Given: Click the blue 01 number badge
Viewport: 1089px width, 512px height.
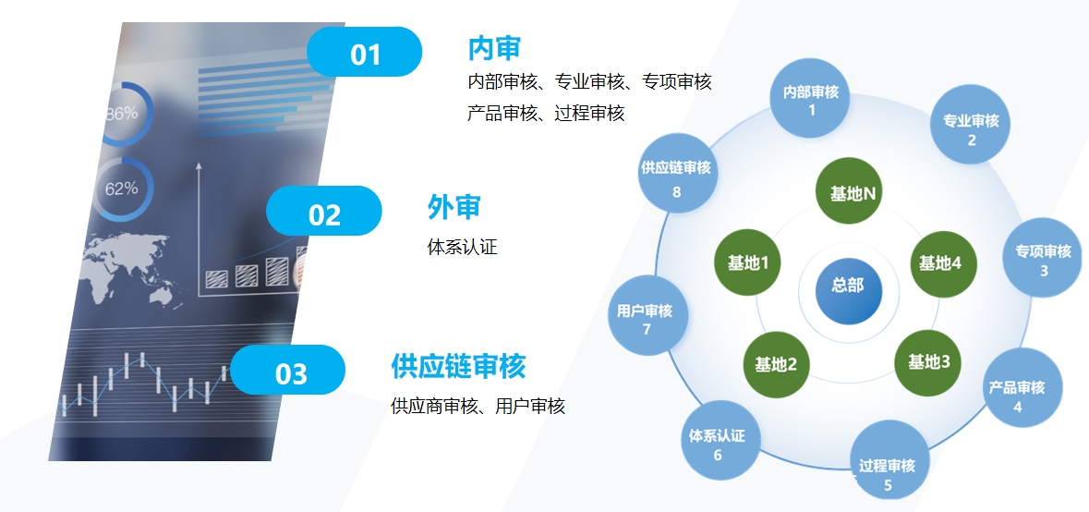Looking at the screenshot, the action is (x=364, y=52).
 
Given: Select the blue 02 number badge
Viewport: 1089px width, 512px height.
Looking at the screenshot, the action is (x=323, y=211).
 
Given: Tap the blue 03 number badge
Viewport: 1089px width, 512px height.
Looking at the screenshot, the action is (x=287, y=370).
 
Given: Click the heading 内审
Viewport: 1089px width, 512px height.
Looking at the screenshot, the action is (x=494, y=49).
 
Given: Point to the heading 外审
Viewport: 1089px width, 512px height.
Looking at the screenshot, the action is (x=454, y=207).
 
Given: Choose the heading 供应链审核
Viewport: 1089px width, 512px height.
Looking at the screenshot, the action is (x=458, y=366).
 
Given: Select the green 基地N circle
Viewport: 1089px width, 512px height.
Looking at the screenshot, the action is (x=849, y=191).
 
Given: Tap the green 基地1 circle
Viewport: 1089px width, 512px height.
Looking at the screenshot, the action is (x=748, y=262).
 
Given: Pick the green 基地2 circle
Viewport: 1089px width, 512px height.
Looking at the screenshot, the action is (x=777, y=362).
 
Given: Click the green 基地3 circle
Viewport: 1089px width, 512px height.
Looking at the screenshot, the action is (x=928, y=362).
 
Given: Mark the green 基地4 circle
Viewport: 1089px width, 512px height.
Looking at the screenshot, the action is (x=944, y=264).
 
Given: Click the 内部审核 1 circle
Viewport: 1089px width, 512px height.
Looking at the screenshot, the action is (x=810, y=98).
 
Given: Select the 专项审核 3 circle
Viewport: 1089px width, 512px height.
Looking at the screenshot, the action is (x=1043, y=257).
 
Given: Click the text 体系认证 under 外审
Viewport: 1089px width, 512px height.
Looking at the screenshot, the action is (x=463, y=247).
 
